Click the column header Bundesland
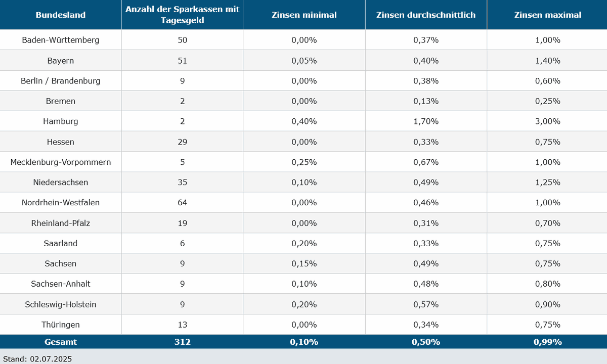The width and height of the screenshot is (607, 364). (60, 15)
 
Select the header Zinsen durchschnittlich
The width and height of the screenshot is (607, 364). (425, 15)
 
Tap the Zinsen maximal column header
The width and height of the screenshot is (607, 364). (547, 15)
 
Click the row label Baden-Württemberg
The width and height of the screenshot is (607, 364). (60, 40)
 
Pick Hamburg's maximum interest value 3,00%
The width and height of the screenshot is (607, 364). (547, 121)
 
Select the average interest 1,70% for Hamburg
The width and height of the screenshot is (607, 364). (425, 121)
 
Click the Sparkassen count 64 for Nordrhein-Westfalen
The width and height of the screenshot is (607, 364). (182, 202)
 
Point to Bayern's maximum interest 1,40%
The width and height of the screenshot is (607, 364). (547, 61)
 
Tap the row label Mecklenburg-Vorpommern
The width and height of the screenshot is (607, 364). (60, 162)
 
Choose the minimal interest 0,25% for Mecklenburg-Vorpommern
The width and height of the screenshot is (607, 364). (304, 162)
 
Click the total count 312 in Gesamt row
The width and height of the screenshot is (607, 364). (182, 342)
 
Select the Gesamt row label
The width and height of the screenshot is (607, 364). (60, 342)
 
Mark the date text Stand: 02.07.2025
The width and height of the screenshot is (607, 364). (37, 359)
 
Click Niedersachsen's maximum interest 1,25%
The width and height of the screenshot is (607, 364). (547, 182)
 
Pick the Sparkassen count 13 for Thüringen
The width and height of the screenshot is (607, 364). (182, 324)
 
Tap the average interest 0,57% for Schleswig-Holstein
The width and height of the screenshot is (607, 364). (425, 304)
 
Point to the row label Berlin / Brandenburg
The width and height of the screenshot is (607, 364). (60, 81)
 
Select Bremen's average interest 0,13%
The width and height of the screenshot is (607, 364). (425, 101)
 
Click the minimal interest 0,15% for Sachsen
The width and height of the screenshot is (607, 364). (304, 263)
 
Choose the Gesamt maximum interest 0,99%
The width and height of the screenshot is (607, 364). (547, 342)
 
